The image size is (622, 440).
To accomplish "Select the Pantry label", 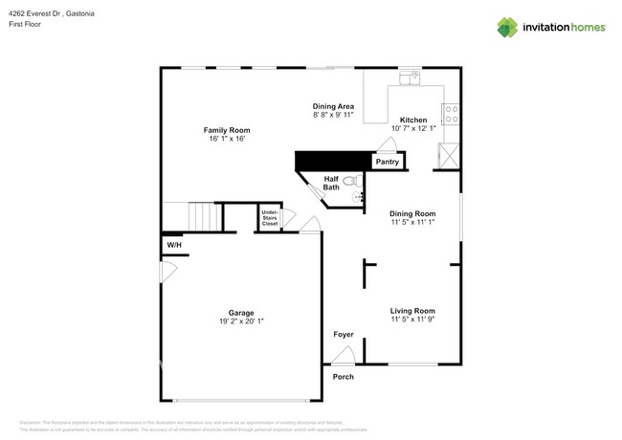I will (387, 162).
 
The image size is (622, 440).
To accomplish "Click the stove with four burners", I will (451, 114).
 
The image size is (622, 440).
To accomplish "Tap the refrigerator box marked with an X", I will (448, 156).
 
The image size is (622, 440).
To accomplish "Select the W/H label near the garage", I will (174, 246).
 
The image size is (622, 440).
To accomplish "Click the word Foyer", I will (343, 335).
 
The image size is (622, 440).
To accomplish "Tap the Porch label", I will (343, 377).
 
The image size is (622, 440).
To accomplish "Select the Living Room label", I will (412, 311).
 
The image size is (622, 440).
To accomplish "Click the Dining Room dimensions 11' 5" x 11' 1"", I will (412, 222).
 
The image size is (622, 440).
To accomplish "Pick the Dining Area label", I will (333, 106).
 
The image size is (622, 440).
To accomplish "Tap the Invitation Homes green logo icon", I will (507, 27).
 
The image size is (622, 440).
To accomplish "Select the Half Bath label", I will (331, 183).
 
